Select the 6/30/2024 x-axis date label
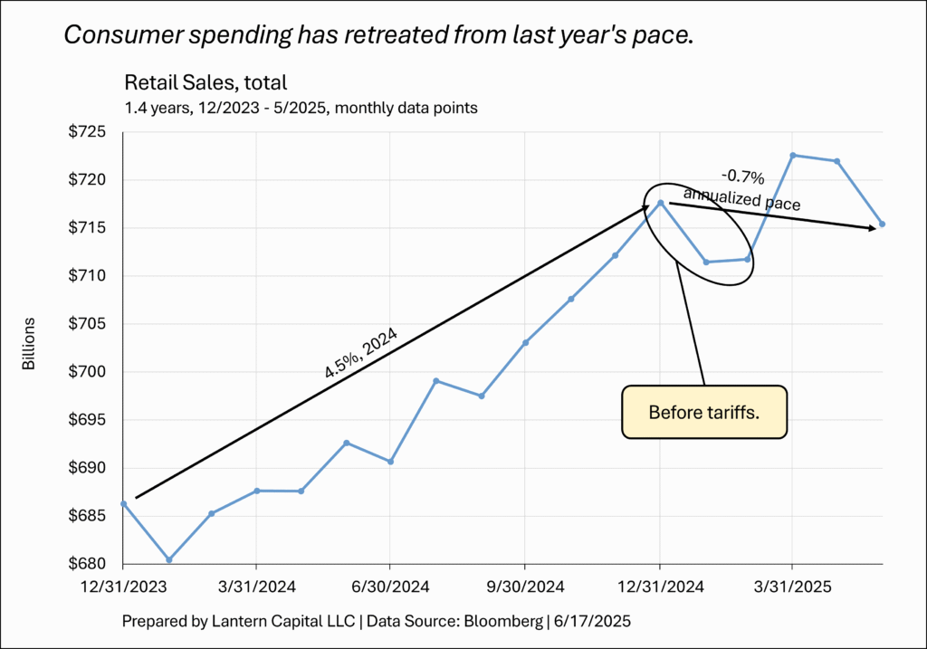coord(390,586)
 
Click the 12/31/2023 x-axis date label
coord(123,586)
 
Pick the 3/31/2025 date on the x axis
coord(793,586)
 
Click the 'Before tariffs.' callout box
coord(704,413)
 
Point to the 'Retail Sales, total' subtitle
coord(205,83)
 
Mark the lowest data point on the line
coord(168,559)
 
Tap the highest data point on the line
coord(793,155)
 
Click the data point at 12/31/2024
coord(661,203)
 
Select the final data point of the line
coord(883,224)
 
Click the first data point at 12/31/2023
coord(123,503)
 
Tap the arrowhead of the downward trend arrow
coord(873,229)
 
